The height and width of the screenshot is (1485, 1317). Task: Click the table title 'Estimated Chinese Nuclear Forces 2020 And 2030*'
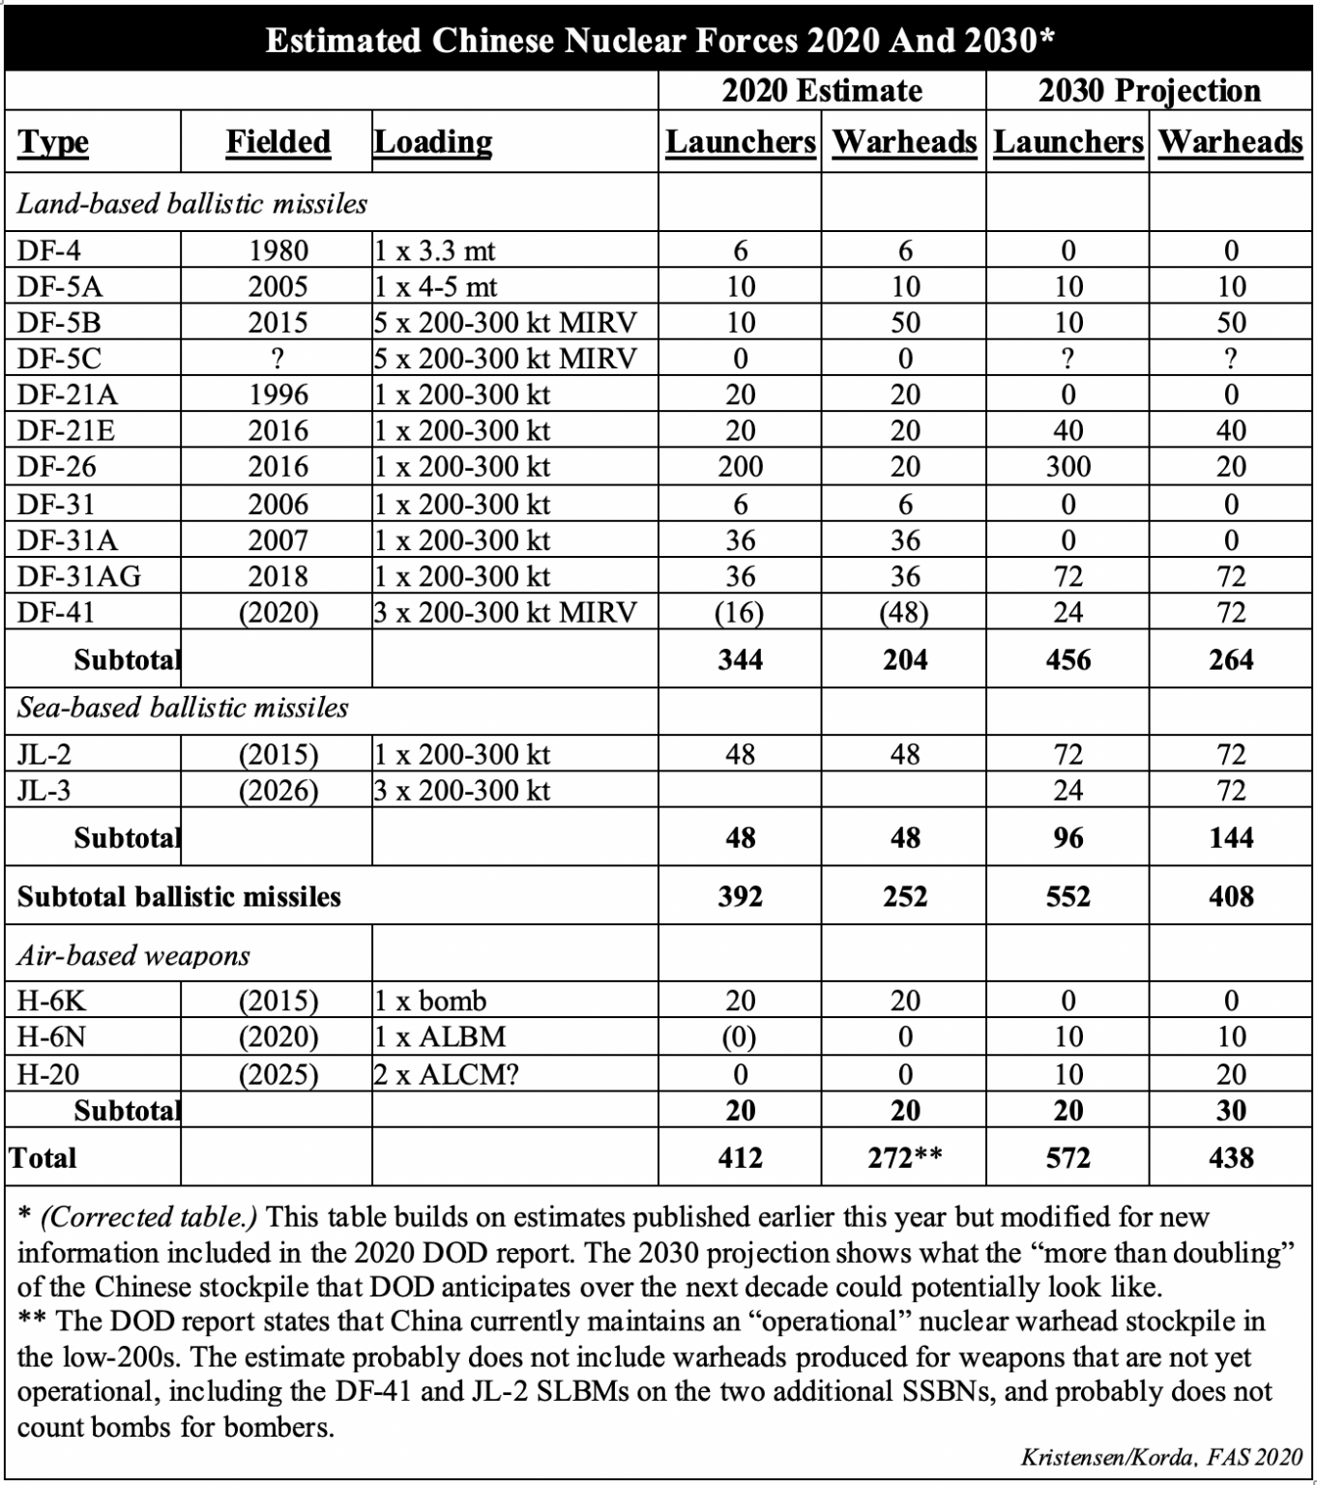coord(658,41)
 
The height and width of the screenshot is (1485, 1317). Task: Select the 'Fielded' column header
coord(278,142)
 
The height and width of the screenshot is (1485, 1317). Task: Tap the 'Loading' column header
coord(433,142)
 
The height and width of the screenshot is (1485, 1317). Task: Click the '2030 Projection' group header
coord(1149,91)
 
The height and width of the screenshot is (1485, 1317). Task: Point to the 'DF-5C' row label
coord(59,359)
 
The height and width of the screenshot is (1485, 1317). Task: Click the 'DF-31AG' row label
coord(78,576)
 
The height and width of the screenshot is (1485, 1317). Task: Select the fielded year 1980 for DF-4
coord(278,250)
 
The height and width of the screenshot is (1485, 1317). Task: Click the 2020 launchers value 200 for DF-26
coord(740,467)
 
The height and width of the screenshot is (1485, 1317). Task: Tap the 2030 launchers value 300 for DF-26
coord(1068,467)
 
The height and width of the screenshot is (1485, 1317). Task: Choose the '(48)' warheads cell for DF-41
coord(904,613)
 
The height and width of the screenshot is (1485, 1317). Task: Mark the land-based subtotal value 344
coord(740,659)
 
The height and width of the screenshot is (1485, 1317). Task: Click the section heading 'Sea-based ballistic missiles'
coord(183,708)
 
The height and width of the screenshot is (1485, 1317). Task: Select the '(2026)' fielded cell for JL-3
coord(278,791)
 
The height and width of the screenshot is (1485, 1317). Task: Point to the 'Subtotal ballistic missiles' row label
coord(179,896)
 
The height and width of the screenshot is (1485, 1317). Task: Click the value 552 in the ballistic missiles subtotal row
coord(1068,896)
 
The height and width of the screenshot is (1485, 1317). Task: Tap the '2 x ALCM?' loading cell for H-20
coord(446,1074)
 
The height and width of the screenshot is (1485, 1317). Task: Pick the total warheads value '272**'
coord(904,1157)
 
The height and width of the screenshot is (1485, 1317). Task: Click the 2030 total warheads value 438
coord(1230,1157)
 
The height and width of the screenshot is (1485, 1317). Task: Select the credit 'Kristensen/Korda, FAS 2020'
coord(1161,1456)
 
